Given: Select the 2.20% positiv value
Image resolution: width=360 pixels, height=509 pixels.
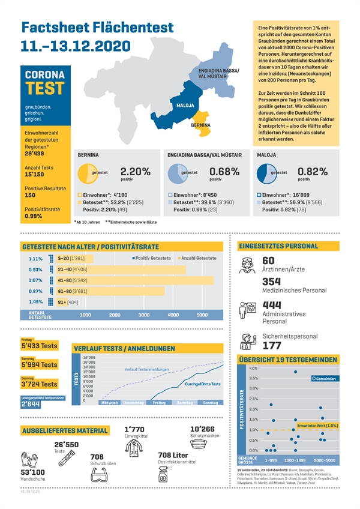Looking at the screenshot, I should click(x=135, y=172).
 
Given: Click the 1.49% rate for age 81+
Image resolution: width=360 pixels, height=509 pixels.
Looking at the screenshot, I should click(x=35, y=302).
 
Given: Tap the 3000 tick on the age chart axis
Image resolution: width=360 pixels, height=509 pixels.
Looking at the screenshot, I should click(x=144, y=315).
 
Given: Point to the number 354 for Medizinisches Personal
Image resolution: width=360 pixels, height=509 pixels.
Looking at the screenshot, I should click(x=272, y=282).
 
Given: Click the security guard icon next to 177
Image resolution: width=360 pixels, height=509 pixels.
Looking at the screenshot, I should click(x=248, y=341).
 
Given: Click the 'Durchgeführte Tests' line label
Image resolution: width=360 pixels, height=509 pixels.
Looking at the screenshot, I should click(x=202, y=384).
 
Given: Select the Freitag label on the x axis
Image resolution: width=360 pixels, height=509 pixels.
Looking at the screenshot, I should click(x=159, y=403).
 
